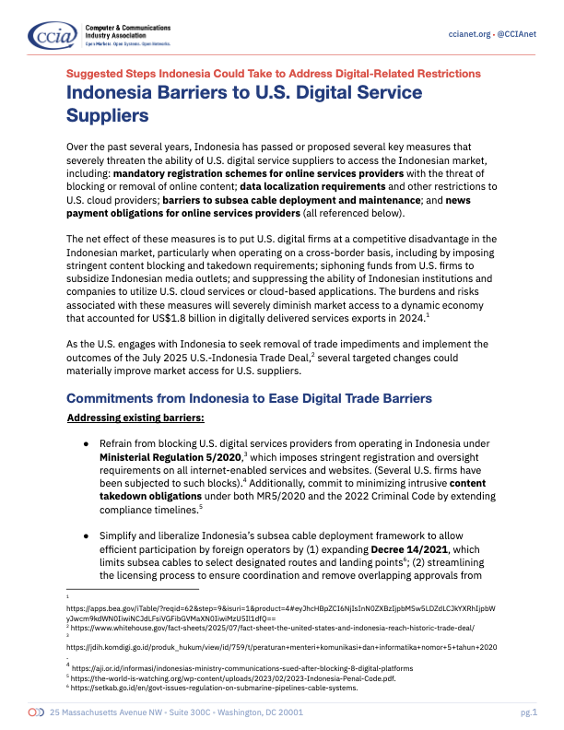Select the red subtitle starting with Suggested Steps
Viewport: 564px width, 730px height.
273,73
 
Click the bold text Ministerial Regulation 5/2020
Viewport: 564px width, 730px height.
170,457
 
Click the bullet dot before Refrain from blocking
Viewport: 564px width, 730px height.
86,444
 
